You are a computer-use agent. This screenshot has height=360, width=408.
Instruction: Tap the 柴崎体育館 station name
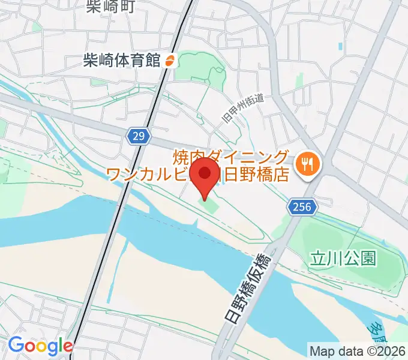point(122,61)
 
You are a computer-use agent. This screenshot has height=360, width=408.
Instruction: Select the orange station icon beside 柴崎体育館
point(170,61)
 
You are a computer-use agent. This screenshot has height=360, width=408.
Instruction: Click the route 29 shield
point(137,137)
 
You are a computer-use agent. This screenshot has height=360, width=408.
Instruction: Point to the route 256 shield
point(301,207)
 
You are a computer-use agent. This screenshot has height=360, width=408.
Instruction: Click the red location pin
point(205,175)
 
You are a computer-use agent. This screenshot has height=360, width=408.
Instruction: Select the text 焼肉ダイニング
point(231,158)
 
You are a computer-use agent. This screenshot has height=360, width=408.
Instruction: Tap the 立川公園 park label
point(343,259)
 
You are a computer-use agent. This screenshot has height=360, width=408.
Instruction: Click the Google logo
point(40,346)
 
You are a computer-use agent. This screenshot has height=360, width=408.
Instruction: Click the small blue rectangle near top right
point(341,46)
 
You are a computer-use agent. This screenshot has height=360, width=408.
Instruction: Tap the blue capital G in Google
point(16,346)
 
